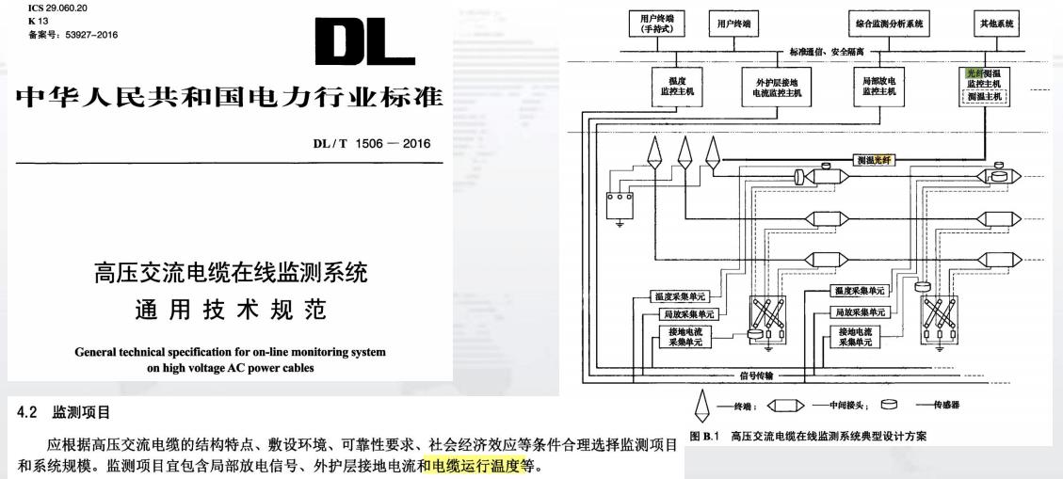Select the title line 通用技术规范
(x=230, y=311)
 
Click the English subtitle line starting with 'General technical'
(x=230, y=353)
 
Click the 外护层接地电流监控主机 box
(x=771, y=87)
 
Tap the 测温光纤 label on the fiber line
(x=876, y=161)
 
